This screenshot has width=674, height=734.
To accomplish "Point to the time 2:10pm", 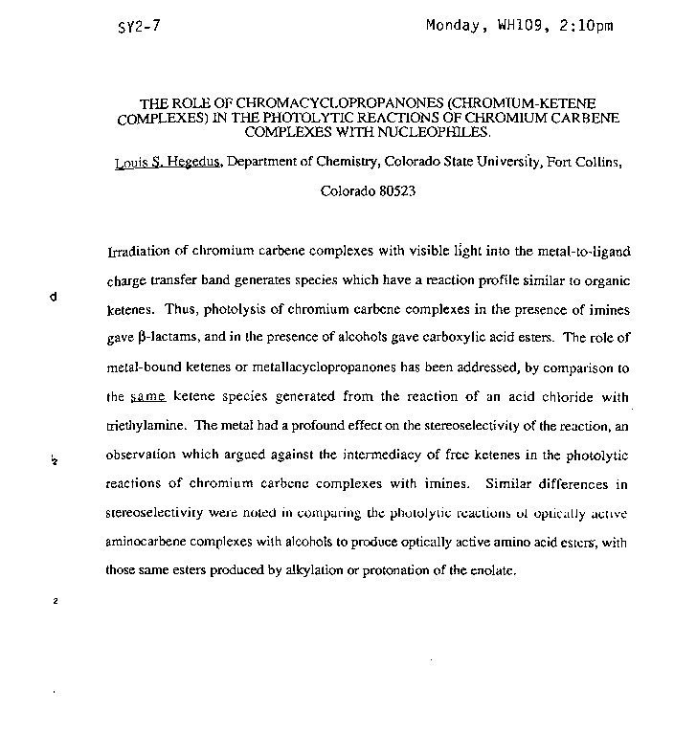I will click(583, 26).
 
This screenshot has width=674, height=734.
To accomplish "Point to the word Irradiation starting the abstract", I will click(139, 252).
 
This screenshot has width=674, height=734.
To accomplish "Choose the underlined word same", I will click(147, 395).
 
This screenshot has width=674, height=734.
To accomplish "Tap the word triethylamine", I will click(148, 424).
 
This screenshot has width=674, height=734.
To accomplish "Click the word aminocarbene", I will click(147, 542).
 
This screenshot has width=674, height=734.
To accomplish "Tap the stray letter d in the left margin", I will click(54, 297).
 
